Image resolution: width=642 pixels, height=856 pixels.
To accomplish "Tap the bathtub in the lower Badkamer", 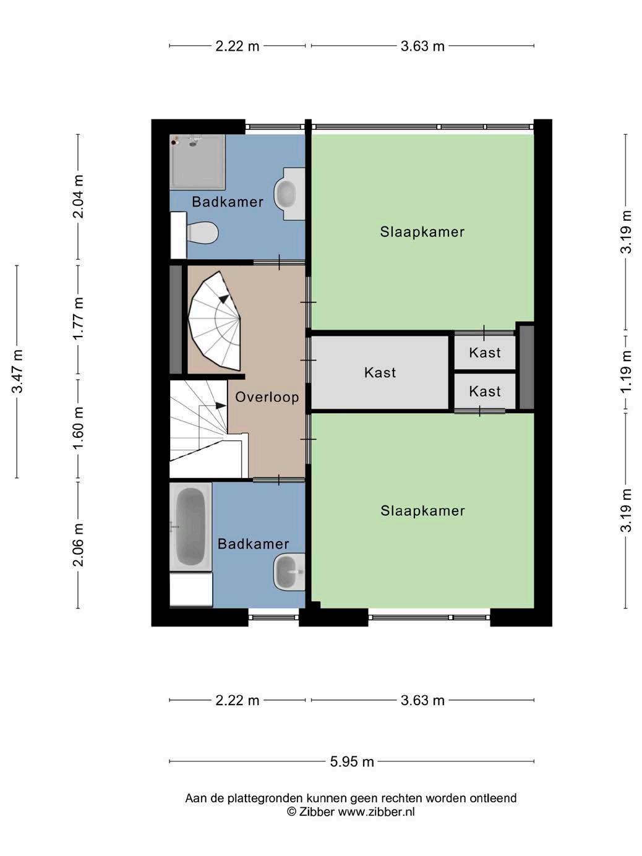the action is [190, 527].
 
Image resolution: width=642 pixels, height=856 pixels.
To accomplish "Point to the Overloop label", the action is [267, 397].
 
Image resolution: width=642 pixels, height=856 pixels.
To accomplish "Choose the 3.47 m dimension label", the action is [17, 371].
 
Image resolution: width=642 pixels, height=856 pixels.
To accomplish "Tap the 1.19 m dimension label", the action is [626, 372].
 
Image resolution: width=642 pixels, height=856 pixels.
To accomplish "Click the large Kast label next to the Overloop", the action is [380, 372].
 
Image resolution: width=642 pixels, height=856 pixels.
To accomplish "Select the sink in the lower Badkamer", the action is [289, 571].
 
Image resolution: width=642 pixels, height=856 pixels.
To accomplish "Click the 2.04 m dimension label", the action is [79, 196].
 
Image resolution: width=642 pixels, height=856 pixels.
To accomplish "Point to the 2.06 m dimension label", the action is [79, 545].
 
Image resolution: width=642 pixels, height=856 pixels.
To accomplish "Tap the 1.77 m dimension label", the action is [79, 319].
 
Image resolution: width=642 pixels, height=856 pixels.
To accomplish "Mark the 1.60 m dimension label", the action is [79, 428].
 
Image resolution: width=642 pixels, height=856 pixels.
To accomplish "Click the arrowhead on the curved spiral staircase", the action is [224, 299].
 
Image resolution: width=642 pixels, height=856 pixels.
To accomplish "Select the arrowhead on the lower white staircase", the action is [221, 406].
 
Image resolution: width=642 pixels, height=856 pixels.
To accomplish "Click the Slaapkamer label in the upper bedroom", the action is [422, 232].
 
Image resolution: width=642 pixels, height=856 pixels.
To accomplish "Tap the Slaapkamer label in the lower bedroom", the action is [422, 511].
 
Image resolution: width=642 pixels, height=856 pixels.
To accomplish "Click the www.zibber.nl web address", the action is [376, 812].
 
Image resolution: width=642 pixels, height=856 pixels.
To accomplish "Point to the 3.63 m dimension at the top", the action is [422, 46].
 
